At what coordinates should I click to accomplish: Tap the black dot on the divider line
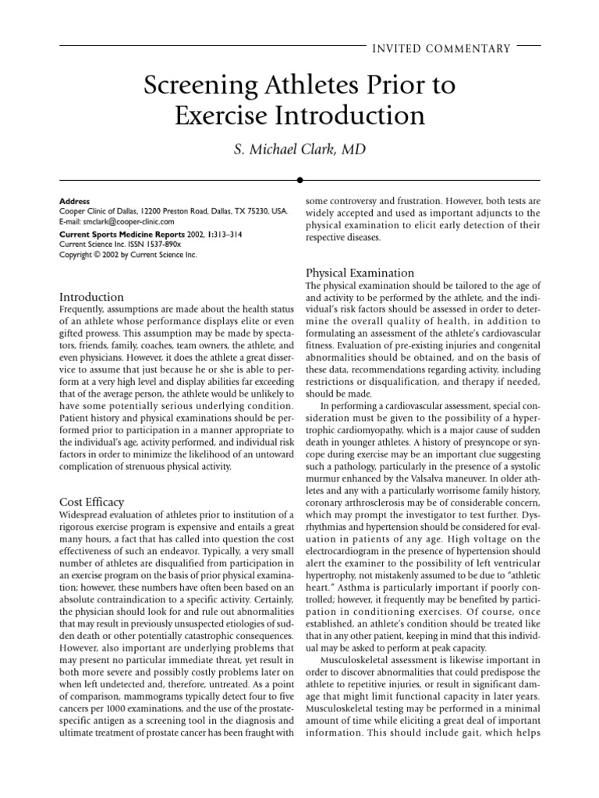coord(299,180)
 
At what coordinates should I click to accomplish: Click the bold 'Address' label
coord(75,201)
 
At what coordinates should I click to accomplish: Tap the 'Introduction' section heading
coord(92,297)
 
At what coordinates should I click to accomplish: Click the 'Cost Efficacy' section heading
coord(92,502)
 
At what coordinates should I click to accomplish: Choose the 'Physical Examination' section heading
coord(360,273)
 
